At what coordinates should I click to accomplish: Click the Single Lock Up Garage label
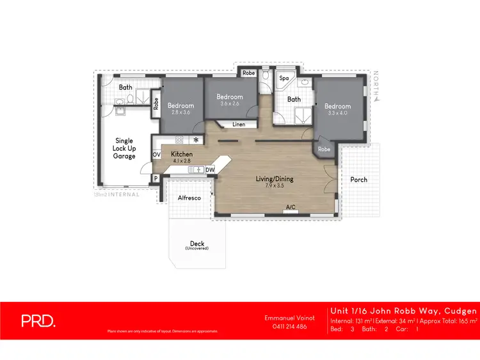click(124, 148)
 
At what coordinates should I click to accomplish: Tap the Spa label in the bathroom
click(284, 79)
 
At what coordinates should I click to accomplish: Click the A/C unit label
click(291, 207)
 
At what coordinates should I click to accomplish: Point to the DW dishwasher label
click(211, 169)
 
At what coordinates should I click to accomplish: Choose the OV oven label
click(156, 155)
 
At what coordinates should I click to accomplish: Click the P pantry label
click(155, 178)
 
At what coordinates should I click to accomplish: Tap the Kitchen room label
click(182, 154)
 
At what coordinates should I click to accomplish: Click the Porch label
click(359, 180)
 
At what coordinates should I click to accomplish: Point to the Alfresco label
click(189, 198)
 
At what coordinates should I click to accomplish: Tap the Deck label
click(196, 244)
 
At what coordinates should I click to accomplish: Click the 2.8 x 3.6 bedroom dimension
click(181, 113)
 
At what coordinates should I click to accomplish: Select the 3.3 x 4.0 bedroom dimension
click(337, 113)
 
